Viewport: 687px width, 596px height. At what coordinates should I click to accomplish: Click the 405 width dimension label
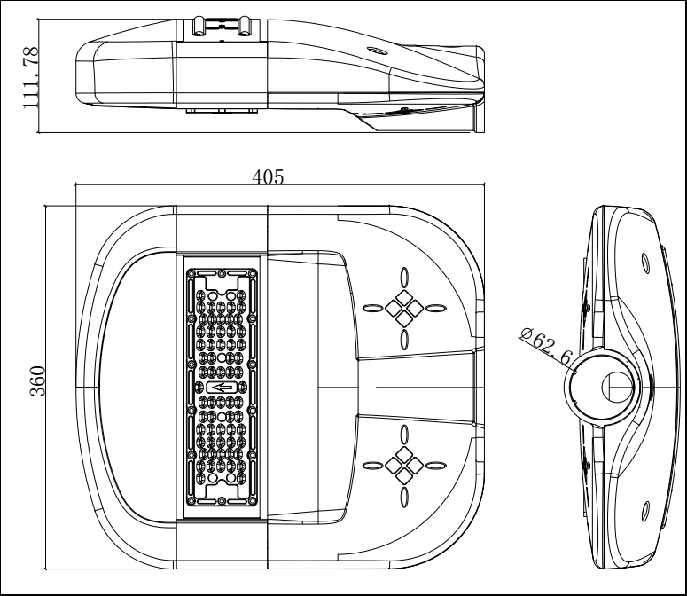tap(267, 176)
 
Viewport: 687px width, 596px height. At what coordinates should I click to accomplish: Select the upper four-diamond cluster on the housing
tap(404, 307)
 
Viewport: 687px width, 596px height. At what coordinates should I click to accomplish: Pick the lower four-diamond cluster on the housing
tap(404, 462)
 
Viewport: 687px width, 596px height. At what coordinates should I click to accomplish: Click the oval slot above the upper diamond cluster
tap(404, 276)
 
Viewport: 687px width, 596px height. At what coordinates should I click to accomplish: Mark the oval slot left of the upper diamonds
tap(372, 308)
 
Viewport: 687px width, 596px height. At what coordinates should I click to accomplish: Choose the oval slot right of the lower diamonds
tap(435, 462)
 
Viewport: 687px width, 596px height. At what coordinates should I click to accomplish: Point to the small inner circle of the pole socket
tap(617, 387)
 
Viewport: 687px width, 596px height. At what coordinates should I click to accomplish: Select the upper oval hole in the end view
tap(644, 261)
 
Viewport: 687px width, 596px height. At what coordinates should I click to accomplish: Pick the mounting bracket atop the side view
tap(222, 26)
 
